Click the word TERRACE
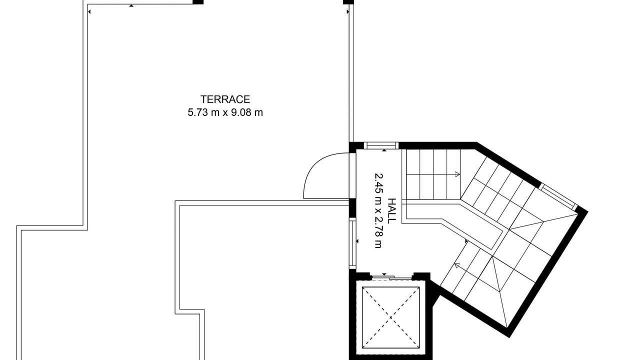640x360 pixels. [225, 99]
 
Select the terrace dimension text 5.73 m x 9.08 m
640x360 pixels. [225, 112]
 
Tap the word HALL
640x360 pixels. [392, 211]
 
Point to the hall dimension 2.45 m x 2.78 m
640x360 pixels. [378, 211]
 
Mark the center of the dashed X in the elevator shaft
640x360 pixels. [390, 317]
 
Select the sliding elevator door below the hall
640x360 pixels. [391, 276]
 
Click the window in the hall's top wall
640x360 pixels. [381, 145]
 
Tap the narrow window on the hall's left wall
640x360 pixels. [352, 243]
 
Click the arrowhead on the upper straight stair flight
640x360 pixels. [457, 174]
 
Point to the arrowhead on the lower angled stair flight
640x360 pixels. [456, 266]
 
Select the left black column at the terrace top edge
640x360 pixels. [198, 2]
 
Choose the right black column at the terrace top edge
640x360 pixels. [348, 2]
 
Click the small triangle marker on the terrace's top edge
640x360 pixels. [131, 5]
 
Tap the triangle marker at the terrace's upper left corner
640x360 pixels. [89, 11]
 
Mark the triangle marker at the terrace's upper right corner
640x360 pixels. [347, 11]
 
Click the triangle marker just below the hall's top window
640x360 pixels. [384, 150]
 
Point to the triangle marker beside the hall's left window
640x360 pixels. [357, 241]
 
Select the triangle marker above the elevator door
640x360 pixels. [384, 274]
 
